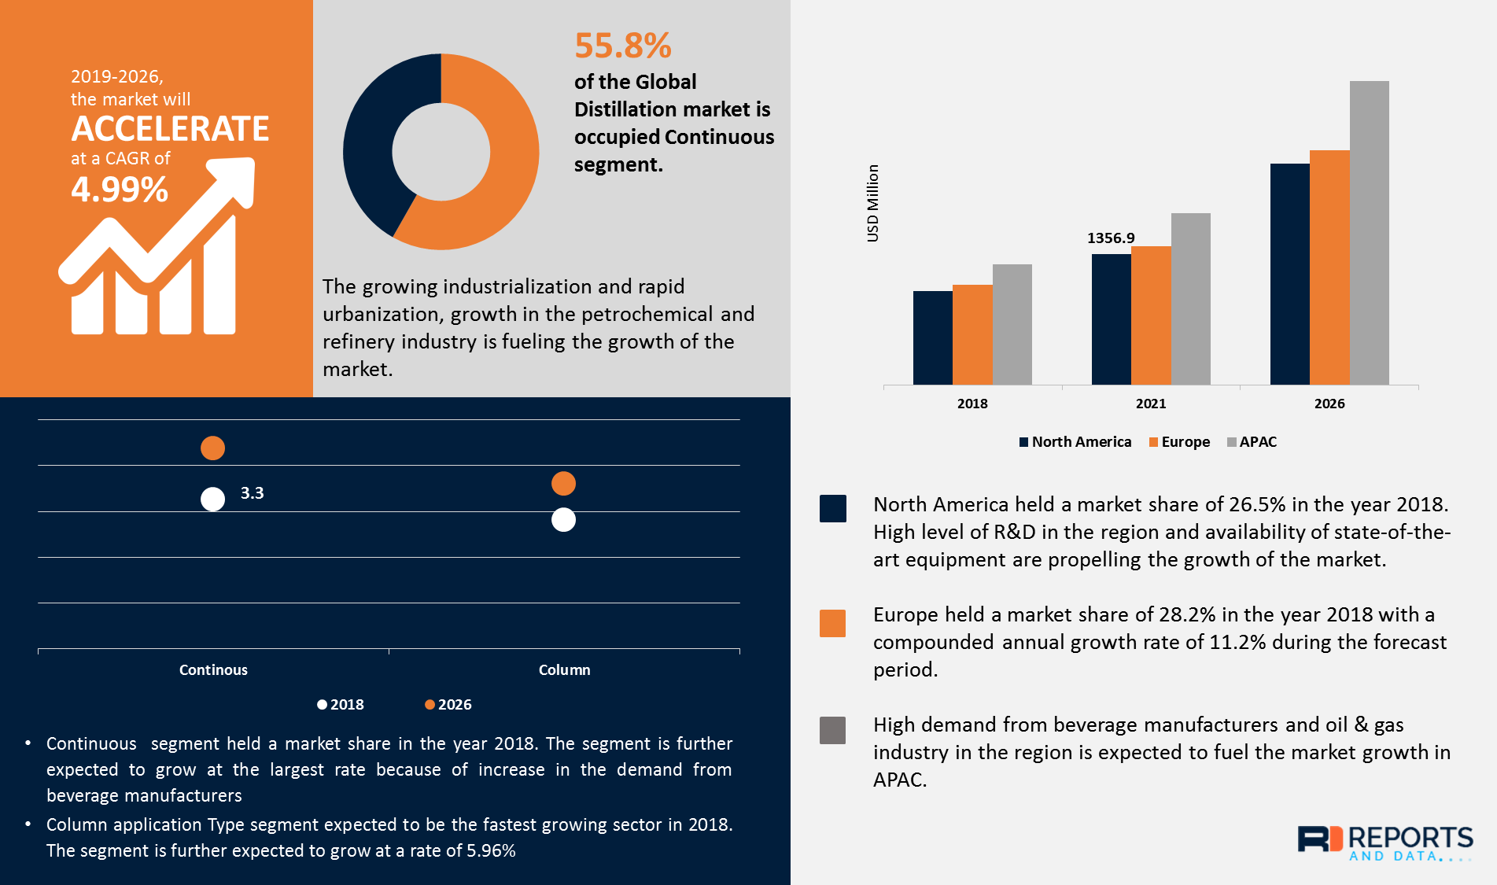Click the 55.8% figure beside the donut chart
click(622, 46)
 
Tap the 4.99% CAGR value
click(120, 190)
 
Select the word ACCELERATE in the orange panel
click(170, 129)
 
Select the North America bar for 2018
click(932, 337)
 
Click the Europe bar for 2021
click(1151, 315)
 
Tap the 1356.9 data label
click(1111, 238)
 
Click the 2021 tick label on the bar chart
click(1151, 404)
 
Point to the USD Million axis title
click(872, 203)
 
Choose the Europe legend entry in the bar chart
click(1179, 442)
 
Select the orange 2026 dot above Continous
click(212, 448)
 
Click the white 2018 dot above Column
click(563, 520)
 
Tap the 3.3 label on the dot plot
click(252, 493)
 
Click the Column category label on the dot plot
click(564, 670)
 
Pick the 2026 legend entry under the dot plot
click(448, 705)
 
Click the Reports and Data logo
click(1385, 843)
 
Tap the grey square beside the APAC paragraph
click(832, 730)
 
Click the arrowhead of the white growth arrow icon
click(237, 177)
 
